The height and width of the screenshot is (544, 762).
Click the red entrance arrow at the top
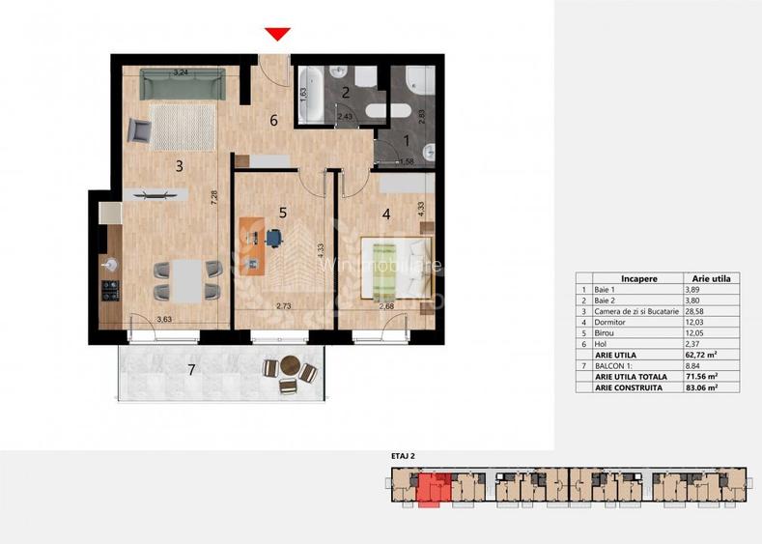click(x=277, y=35)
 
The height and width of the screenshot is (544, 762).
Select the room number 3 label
click(x=179, y=165)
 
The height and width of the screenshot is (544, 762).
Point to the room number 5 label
click(x=283, y=212)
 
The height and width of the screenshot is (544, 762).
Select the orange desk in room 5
click(x=253, y=247)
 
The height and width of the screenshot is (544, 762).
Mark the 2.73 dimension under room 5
click(x=284, y=306)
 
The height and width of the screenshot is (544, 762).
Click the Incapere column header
click(x=639, y=277)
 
